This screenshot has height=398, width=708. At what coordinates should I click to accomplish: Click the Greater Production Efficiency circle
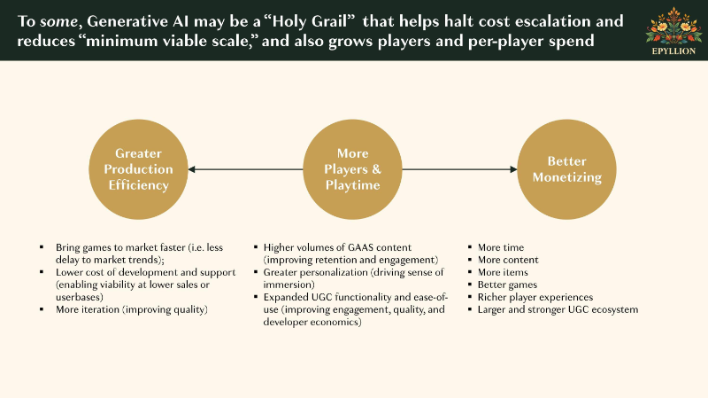(x=138, y=169)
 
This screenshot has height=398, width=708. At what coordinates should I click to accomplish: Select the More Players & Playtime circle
(x=352, y=169)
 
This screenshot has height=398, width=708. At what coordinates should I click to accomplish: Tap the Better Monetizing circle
(x=566, y=169)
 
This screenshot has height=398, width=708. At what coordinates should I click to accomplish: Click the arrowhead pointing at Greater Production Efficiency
(x=191, y=169)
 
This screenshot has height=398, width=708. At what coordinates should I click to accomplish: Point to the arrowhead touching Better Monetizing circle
(x=513, y=169)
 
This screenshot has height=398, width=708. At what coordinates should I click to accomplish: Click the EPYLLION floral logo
(x=673, y=30)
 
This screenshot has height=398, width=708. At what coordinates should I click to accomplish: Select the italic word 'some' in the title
(x=58, y=21)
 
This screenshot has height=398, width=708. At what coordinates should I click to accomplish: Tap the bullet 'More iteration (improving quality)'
(x=131, y=310)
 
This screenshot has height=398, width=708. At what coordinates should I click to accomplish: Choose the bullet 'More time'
(x=501, y=247)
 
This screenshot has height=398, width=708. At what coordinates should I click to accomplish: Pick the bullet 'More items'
(x=503, y=272)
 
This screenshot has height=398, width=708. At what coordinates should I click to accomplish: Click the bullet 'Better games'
(x=507, y=285)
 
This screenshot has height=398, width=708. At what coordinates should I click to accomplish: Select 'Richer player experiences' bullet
(x=535, y=297)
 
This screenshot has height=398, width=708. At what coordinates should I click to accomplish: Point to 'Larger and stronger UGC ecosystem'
(x=558, y=310)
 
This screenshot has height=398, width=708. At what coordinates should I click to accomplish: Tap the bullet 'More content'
(x=508, y=260)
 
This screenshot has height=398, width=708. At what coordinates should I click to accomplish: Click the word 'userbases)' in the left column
(x=80, y=297)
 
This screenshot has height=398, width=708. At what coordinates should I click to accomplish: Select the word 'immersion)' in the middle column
(x=289, y=285)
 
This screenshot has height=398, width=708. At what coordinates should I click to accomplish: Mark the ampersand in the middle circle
(x=376, y=169)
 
